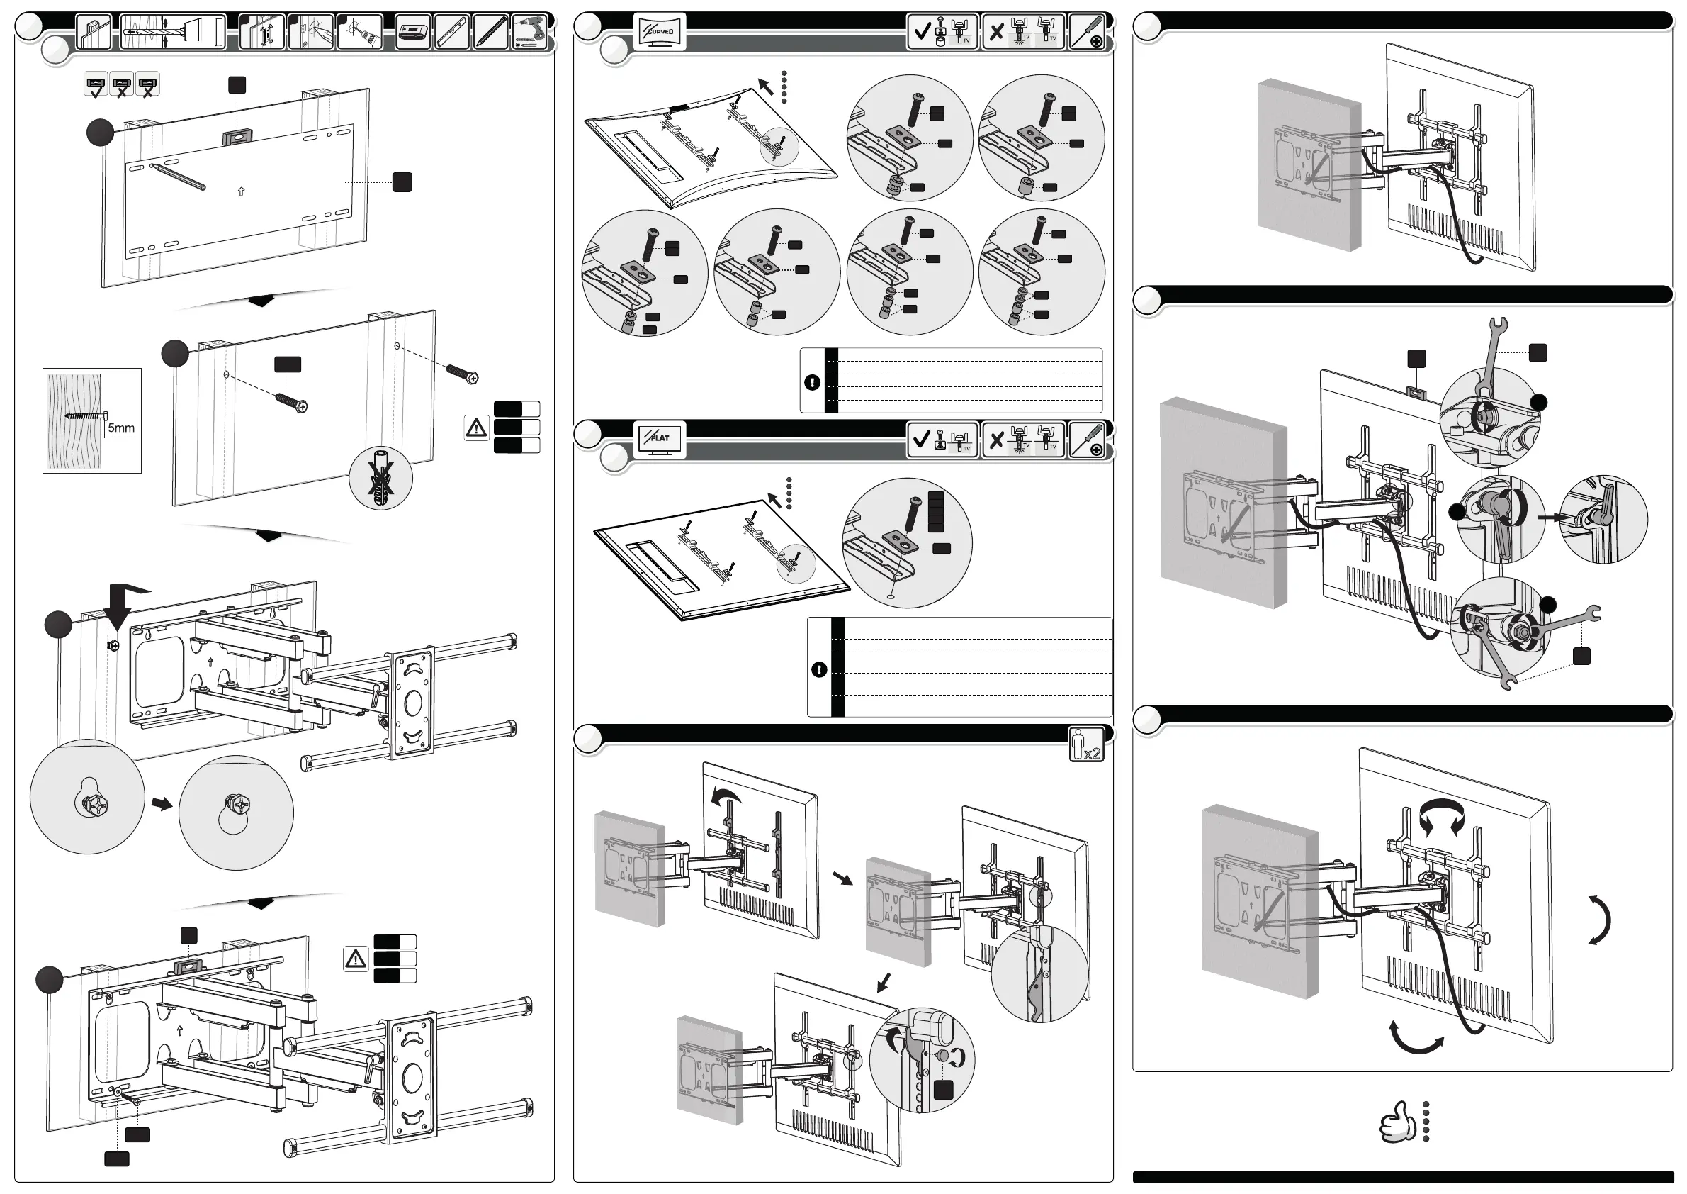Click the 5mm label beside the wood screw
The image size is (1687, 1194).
(121, 428)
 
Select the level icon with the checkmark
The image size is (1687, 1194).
(96, 84)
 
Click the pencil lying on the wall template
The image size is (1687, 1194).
(178, 177)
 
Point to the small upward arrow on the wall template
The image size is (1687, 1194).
(241, 191)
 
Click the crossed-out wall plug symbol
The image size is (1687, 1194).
(380, 479)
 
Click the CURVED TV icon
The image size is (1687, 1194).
(659, 33)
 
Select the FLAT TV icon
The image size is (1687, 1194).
(659, 439)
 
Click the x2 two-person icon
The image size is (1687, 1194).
(1086, 744)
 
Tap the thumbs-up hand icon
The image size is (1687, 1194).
(1397, 1121)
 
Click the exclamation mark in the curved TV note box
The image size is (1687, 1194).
(812, 382)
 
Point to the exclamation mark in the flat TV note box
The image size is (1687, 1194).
(818, 670)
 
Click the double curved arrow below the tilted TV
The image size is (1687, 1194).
(1416, 1037)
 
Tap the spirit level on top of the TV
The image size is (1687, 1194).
(1416, 394)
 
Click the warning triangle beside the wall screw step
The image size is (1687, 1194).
(476, 428)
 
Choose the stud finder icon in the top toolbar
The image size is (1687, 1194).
(412, 33)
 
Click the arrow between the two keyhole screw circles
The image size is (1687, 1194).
(162, 804)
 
